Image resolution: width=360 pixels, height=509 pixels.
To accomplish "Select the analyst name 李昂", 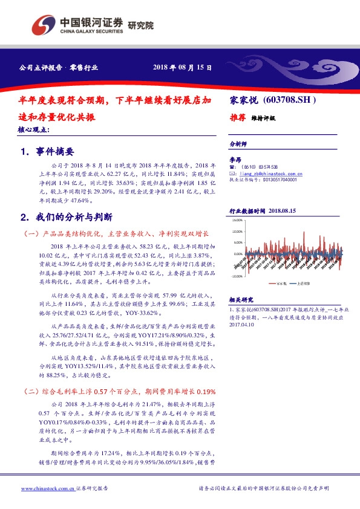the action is [x=235, y=159].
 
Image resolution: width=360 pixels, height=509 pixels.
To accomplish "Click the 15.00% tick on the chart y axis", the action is [x=237, y=222].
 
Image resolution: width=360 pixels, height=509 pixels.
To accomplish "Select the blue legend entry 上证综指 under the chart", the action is [x=304, y=283].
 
